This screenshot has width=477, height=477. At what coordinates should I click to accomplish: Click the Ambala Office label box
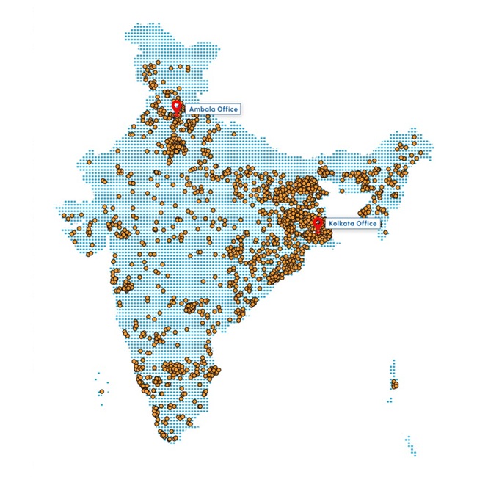[213, 109]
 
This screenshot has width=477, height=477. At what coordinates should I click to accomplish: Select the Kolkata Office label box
[353, 223]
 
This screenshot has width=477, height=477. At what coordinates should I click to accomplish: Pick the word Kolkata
[342, 223]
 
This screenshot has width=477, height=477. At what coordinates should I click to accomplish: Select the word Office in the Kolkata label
[366, 223]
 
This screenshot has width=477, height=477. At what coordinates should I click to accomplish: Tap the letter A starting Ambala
[192, 109]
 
